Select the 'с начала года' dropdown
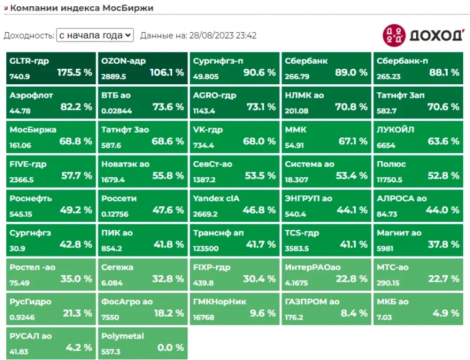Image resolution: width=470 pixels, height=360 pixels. pyautogui.click(x=94, y=35)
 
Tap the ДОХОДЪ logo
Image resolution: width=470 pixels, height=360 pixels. pyautogui.click(x=422, y=35)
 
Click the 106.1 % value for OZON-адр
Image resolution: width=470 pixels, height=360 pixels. pyautogui.click(x=166, y=72)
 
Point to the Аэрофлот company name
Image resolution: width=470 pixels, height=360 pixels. pyautogui.click(x=32, y=95)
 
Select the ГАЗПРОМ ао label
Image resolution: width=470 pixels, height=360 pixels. pyautogui.click(x=312, y=302)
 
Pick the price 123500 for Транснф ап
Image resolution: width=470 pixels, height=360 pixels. pyautogui.click(x=206, y=248)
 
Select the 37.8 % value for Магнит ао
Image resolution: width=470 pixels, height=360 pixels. pyautogui.click(x=442, y=244)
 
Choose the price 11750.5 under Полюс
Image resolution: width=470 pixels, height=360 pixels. pyautogui.click(x=391, y=180)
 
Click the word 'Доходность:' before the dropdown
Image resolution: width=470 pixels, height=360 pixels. pyautogui.click(x=29, y=36)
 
